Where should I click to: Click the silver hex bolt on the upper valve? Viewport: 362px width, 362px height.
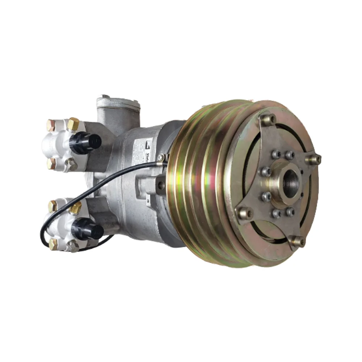pyautogui.click(x=72, y=165)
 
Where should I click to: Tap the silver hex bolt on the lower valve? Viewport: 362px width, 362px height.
pyautogui.click(x=73, y=246)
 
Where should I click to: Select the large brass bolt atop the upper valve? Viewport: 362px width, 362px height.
pyautogui.click(x=73, y=124)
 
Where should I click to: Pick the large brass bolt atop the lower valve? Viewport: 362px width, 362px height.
pyautogui.click(x=75, y=208)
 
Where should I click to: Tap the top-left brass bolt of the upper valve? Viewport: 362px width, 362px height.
pyautogui.click(x=51, y=125)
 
